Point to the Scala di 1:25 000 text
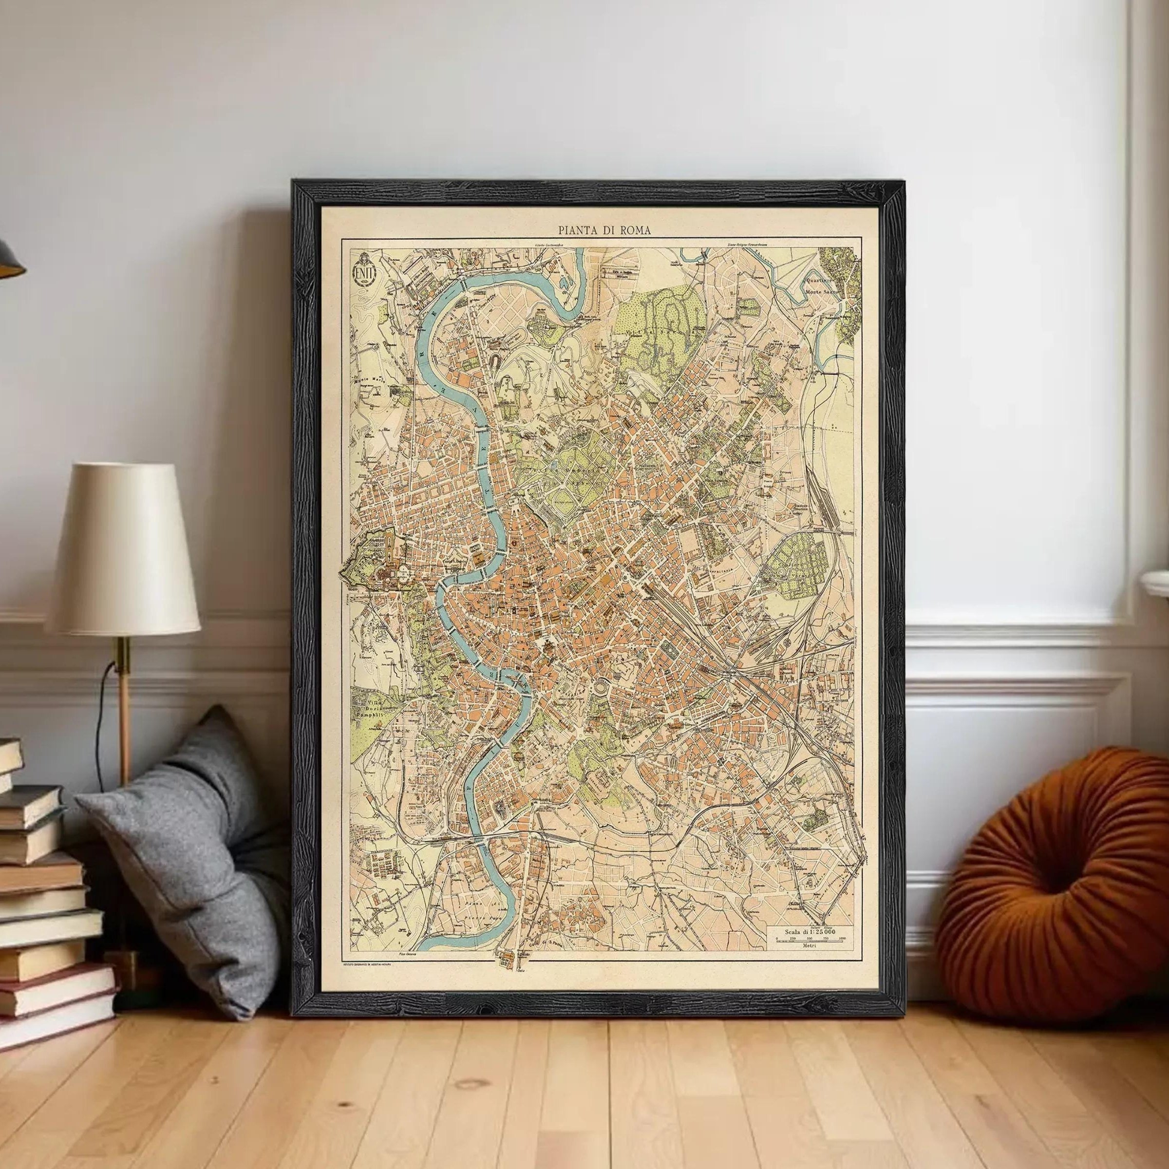[x=810, y=949]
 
